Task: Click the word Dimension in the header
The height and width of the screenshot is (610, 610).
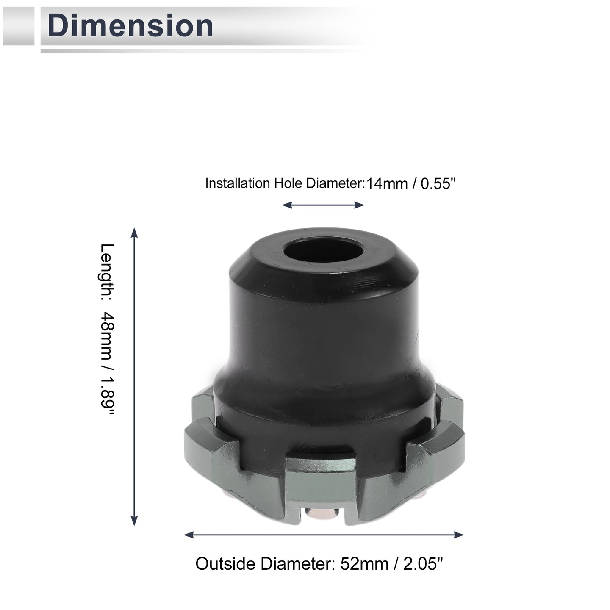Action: [x=130, y=26]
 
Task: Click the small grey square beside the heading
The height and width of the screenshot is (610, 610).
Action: [x=18, y=26]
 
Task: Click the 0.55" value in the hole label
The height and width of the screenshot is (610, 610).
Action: [x=438, y=183]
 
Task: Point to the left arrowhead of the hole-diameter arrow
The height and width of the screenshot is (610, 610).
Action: [x=287, y=205]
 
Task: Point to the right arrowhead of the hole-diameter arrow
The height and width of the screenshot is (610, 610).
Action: [x=359, y=205]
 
